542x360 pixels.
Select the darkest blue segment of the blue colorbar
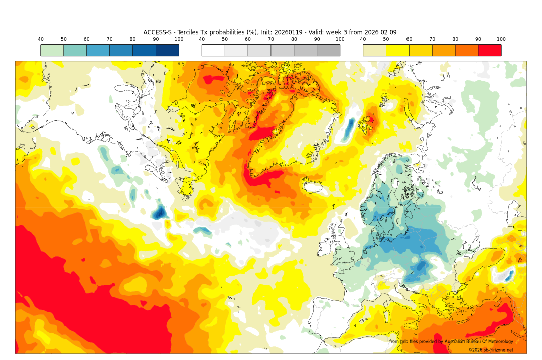click(x=167, y=50)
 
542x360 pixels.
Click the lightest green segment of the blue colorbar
click(x=52, y=50)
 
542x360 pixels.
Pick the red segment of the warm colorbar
click(x=489, y=50)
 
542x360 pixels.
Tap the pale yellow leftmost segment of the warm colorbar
click(x=374, y=50)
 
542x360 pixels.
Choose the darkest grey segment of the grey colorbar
click(x=328, y=50)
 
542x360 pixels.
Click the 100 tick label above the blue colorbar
click(x=179, y=39)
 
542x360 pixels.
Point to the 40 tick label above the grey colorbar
click(x=202, y=39)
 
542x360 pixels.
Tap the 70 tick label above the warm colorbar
click(x=432, y=39)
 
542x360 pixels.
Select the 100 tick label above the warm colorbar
click(x=501, y=39)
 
